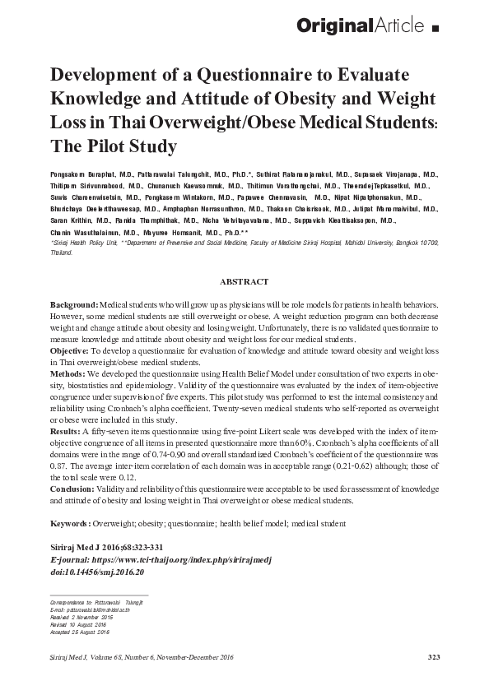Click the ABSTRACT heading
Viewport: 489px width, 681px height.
tap(244, 281)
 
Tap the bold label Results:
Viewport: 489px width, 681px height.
tap(67, 430)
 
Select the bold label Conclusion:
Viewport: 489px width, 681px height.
tap(76, 489)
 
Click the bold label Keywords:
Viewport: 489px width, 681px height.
tap(72, 523)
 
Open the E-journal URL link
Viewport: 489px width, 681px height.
tap(165, 559)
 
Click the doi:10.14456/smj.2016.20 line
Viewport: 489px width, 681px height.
tap(97, 572)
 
